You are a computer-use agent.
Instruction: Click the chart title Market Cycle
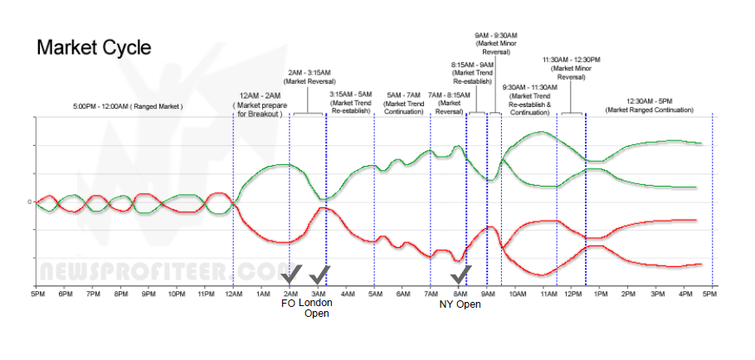pos(94,47)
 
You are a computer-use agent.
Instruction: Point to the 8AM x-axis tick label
pos(459,294)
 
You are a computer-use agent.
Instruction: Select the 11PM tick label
pos(205,294)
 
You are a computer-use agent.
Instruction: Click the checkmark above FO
pos(291,275)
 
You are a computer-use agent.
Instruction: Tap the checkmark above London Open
pos(319,275)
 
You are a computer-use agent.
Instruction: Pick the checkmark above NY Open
pos(460,275)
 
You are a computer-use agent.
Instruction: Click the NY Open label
pos(460,304)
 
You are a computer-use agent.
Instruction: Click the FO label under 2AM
pos(288,304)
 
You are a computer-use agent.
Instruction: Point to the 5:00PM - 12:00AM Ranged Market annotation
pos(128,107)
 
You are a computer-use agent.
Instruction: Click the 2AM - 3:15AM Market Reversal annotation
pos(309,77)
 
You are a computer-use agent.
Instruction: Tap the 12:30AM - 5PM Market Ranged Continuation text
pos(649,105)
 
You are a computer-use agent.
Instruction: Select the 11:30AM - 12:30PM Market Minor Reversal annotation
pos(572,67)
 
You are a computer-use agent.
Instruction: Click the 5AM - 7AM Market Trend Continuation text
pos(403,103)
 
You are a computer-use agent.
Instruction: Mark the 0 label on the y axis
pos(29,202)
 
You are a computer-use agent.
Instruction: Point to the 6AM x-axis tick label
pos(402,294)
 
